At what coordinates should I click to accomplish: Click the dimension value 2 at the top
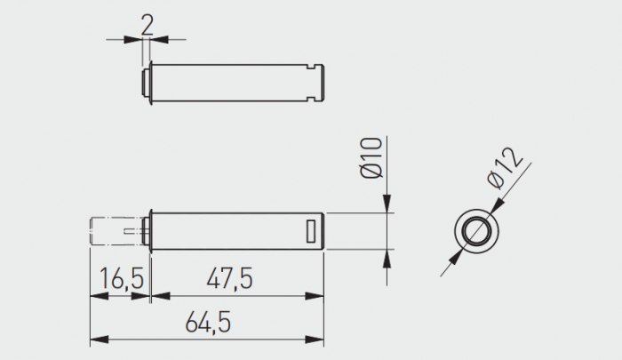pyautogui.click(x=147, y=23)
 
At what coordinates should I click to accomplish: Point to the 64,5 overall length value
pyautogui.click(x=208, y=323)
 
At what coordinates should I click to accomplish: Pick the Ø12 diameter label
pyautogui.click(x=507, y=168)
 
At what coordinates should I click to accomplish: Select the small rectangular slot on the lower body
pyautogui.click(x=310, y=231)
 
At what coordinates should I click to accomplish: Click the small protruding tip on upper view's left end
pyautogui.click(x=147, y=82)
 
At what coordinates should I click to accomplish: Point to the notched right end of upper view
pyautogui.click(x=321, y=82)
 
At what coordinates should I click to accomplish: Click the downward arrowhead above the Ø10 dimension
pyautogui.click(x=387, y=205)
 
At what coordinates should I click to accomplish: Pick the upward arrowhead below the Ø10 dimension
pyautogui.click(x=387, y=257)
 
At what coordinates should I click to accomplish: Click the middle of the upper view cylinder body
pyautogui.click(x=235, y=82)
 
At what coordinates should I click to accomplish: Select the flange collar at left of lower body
pyautogui.click(x=152, y=231)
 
